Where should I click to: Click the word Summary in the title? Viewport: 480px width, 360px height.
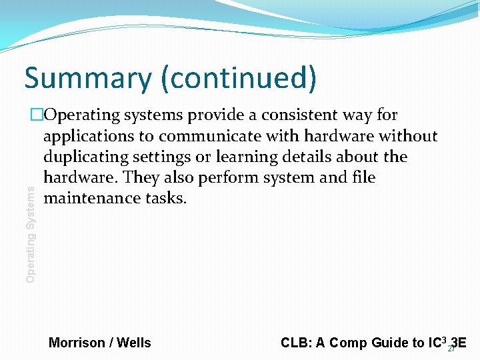click(87, 79)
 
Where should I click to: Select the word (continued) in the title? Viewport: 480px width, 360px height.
click(238, 79)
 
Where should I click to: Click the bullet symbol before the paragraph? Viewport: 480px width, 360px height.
click(36, 115)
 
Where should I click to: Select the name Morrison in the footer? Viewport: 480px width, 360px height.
click(77, 343)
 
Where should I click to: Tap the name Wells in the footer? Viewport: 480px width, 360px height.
click(134, 343)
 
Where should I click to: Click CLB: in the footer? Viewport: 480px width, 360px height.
click(294, 343)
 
